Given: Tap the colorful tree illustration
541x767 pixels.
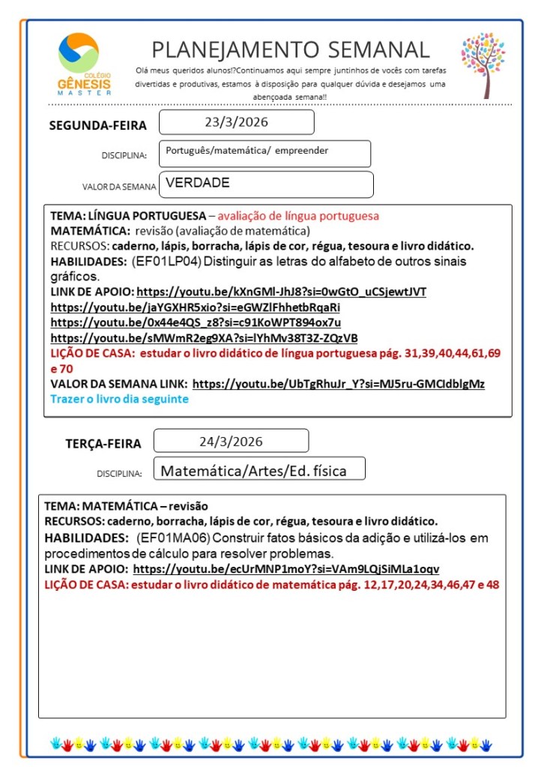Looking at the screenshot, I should (x=483, y=63).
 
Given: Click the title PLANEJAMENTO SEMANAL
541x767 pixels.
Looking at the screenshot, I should (x=291, y=49).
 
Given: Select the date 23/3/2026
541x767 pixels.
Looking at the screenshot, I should (x=236, y=121).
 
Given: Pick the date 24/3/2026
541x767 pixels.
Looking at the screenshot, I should (x=231, y=441).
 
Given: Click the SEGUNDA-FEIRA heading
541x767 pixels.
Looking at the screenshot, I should (x=98, y=125).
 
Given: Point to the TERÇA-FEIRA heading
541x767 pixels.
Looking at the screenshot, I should (x=103, y=444).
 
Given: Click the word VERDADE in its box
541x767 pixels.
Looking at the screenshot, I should (x=198, y=182).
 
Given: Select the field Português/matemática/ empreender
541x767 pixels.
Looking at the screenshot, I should (x=247, y=151).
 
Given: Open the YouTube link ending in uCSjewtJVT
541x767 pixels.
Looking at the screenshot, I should (x=281, y=292).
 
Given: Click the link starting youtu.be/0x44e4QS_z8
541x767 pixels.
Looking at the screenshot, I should (x=195, y=322).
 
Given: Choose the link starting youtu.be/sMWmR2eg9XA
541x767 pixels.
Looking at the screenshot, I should (x=204, y=337).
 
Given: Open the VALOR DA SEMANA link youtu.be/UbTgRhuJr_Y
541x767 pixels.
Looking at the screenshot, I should (x=338, y=384).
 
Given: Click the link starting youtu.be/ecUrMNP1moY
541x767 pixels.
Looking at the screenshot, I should (x=286, y=569).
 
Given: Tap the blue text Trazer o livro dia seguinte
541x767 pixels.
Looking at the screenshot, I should (x=119, y=399).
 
